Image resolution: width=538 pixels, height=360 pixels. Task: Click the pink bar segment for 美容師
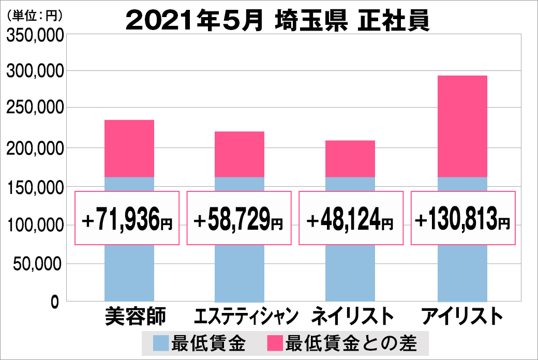pos(129,148)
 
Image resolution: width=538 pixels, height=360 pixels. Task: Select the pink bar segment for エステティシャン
pos(240,154)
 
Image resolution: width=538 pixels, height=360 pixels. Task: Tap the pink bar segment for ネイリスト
pos(350,159)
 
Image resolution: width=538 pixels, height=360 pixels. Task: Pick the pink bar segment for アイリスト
pos(462,126)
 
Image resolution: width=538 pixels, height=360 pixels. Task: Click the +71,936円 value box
pos(127,218)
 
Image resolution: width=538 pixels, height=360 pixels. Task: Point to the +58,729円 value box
pos(238,218)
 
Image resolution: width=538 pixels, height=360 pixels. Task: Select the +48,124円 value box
pos(351,218)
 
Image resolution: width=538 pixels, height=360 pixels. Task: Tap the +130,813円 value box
pos(463,218)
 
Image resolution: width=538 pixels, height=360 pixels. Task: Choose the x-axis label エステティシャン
pos(239,316)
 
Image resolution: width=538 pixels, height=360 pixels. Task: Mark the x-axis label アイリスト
pos(462,316)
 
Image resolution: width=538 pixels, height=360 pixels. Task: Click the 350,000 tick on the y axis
pos(35,35)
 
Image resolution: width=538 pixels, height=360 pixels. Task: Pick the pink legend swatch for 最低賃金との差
pos(274,343)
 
